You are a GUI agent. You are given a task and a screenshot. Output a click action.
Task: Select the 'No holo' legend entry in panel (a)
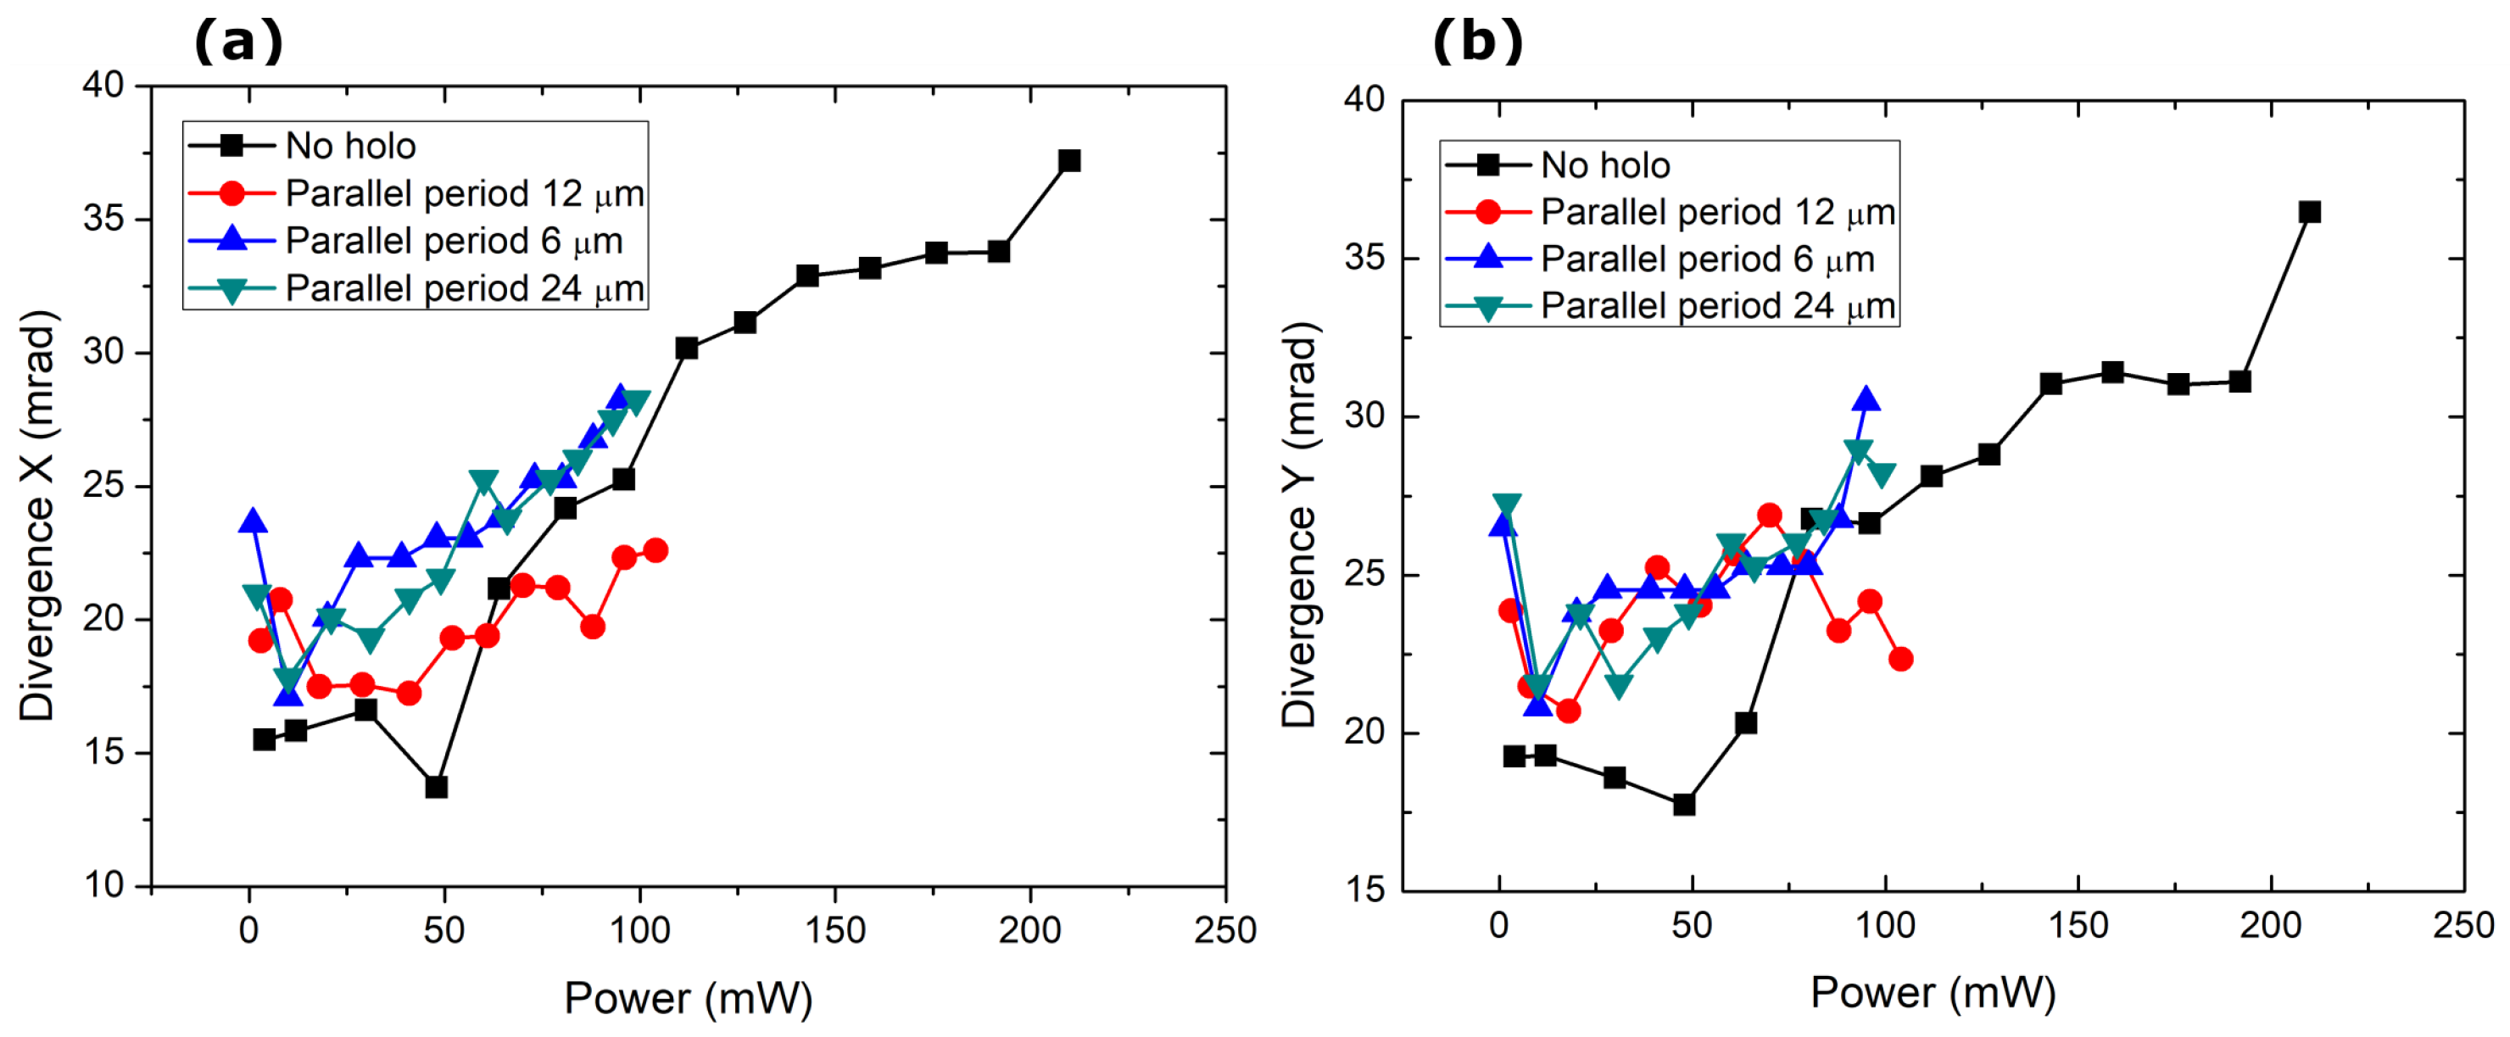coord(350,146)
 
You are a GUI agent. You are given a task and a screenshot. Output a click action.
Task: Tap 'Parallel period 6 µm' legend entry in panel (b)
coord(1706,259)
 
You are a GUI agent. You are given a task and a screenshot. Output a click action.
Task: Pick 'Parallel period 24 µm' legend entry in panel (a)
coord(464,289)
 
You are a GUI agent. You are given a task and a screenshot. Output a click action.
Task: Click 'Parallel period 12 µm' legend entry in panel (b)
coord(1717,213)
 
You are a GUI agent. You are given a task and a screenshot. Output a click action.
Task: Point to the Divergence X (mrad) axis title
coord(37,516)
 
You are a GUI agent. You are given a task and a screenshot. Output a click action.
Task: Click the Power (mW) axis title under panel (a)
coord(688,998)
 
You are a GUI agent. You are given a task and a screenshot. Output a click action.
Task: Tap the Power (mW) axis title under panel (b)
coord(1933,992)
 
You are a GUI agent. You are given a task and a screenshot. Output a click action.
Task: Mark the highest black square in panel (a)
coord(1069,161)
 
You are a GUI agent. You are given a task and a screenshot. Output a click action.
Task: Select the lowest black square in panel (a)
coord(437,787)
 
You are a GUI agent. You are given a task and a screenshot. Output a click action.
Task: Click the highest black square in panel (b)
coord(2309,213)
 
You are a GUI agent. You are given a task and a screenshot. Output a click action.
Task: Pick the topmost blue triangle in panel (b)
coord(1866,399)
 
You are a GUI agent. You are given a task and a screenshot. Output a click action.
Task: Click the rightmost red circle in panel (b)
coord(1900,660)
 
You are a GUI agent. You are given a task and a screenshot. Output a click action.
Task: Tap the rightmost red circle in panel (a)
coord(655,550)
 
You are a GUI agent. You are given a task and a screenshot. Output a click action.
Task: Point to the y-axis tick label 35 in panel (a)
coord(103,220)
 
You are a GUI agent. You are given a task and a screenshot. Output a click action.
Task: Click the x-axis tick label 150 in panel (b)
coord(2078,926)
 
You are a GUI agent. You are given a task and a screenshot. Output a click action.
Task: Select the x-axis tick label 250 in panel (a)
coord(1224,931)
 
